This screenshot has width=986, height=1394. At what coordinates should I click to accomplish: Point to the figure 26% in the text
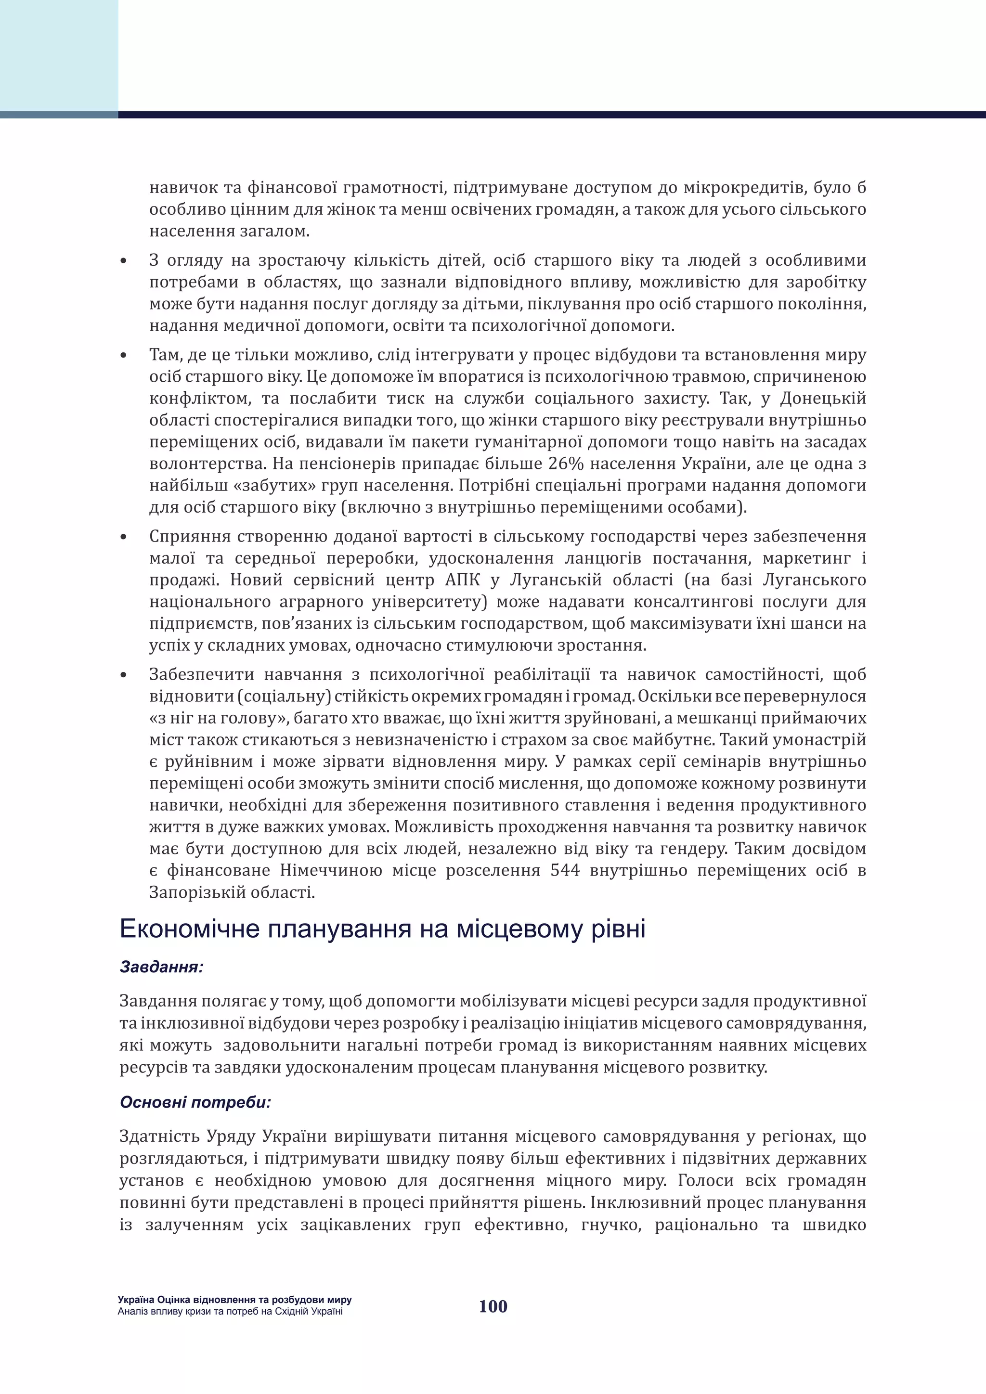click(566, 464)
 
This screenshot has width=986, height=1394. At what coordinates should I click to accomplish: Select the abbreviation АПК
click(463, 580)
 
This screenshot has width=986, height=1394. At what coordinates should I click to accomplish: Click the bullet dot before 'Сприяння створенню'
click(124, 537)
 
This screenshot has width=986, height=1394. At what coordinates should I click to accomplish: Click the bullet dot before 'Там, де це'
click(124, 356)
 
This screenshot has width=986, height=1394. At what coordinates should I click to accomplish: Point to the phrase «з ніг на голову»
click(219, 718)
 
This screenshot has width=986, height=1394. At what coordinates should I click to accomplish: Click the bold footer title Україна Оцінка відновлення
click(234, 1300)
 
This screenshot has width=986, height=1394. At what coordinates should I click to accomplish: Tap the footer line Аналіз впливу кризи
click(230, 1311)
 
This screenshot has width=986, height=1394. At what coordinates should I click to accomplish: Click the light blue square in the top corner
click(59, 55)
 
